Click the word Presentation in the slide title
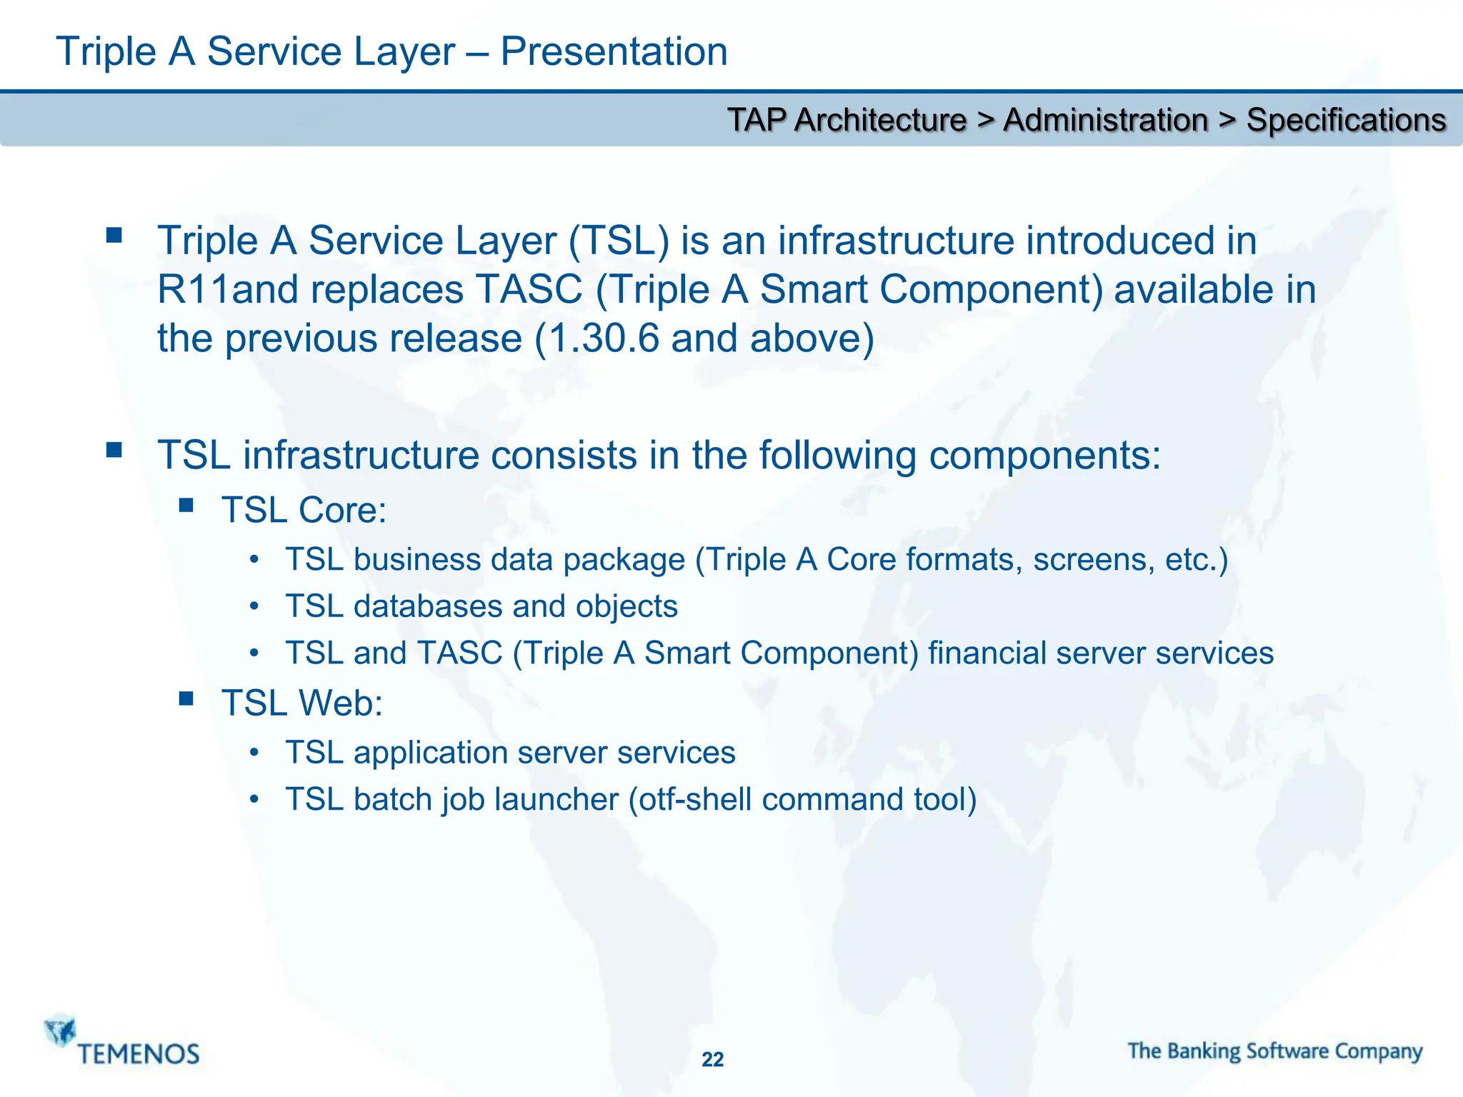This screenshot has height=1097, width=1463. pos(614,52)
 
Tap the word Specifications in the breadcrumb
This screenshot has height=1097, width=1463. pos(1346,120)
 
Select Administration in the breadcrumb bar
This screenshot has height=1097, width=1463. pos(1105,120)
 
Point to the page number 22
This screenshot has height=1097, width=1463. pos(712,1059)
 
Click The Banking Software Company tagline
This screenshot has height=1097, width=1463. pos(1275,1051)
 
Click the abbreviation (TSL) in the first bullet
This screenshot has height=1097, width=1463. pos(619,241)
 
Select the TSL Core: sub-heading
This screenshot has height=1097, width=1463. pos(304,510)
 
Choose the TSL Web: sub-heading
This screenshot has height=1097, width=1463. pos(302,703)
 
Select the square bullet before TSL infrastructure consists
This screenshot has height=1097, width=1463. pos(114,450)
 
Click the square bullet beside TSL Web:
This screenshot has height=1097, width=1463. pos(186,698)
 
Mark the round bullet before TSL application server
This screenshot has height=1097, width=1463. pos(254,753)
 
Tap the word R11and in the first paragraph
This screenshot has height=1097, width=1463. pos(227,290)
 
